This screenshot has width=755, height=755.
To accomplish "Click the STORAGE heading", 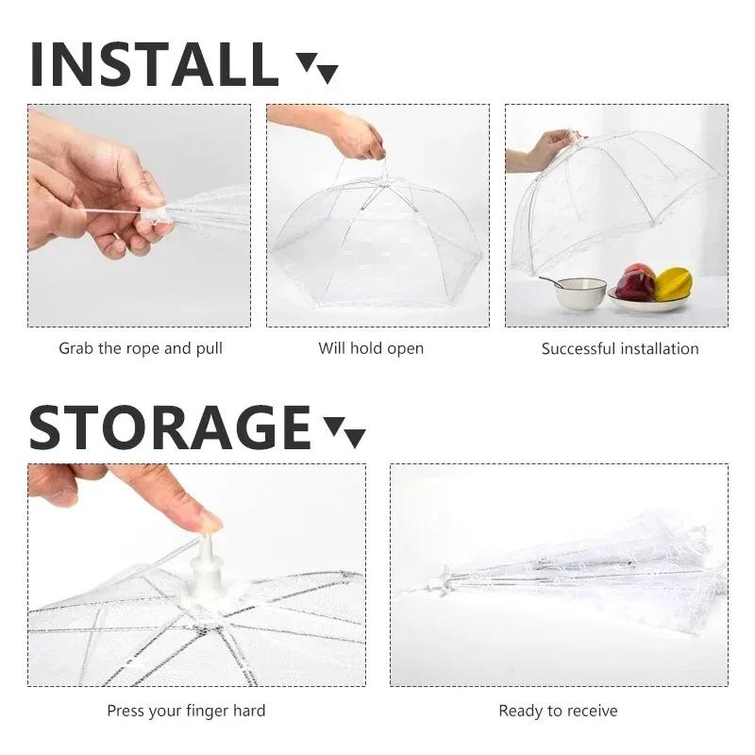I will [x=170, y=427].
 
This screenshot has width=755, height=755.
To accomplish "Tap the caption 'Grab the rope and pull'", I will [x=141, y=348].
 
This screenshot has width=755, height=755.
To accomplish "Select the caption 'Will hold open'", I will [x=371, y=348].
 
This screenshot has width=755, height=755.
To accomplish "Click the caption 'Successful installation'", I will [x=620, y=348].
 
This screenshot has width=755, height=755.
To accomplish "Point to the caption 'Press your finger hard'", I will [x=186, y=710].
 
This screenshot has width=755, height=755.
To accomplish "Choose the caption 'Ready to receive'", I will [x=558, y=710].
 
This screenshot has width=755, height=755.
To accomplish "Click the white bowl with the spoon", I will [x=579, y=293].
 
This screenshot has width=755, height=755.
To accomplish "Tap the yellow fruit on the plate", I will [x=674, y=283].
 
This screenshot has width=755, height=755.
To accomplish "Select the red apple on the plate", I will [x=637, y=282].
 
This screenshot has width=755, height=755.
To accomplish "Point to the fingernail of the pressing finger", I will [x=209, y=520].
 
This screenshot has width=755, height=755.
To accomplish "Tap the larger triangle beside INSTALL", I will [x=327, y=73].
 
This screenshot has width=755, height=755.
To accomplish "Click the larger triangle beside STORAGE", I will [x=354, y=437].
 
